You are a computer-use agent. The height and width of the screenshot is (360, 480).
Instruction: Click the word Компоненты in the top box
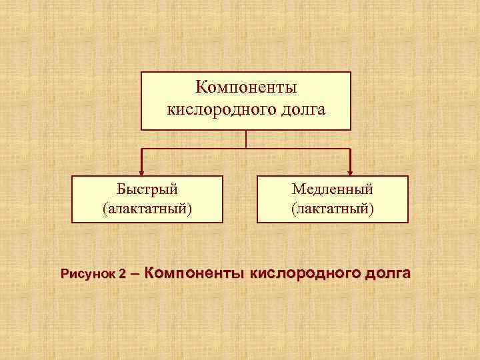(246, 88)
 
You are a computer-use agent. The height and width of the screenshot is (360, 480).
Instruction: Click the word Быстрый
(147, 189)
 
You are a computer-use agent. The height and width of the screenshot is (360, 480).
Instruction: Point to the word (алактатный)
(147, 209)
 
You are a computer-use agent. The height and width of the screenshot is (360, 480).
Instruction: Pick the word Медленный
(333, 189)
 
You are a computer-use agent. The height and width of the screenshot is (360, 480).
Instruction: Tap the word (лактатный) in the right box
(333, 209)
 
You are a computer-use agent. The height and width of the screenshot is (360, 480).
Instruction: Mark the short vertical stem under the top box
(246, 139)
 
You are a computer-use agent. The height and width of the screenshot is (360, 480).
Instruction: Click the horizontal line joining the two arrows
(200, 148)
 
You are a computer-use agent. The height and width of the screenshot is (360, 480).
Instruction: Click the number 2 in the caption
(123, 274)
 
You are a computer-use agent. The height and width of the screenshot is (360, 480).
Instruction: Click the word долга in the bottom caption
(387, 273)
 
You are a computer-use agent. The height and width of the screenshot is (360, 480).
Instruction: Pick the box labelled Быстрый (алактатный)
(147, 199)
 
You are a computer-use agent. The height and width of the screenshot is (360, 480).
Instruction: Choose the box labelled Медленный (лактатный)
(333, 199)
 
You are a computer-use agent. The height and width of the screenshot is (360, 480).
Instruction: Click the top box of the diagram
(246, 100)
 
